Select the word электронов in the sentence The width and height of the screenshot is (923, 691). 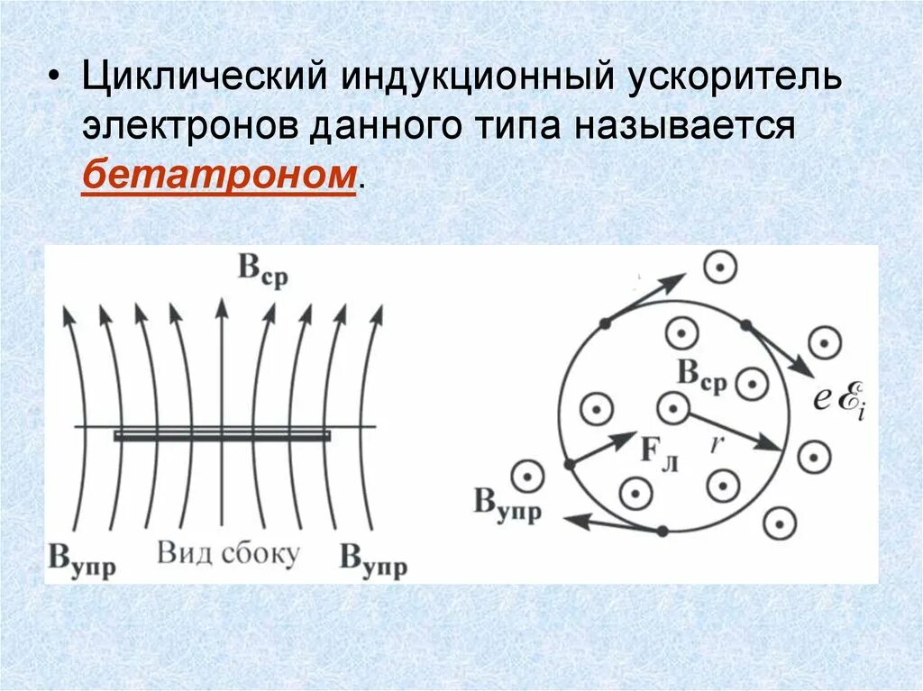click(188, 125)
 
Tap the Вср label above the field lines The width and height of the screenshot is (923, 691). click(262, 270)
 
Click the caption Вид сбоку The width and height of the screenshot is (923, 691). click(227, 552)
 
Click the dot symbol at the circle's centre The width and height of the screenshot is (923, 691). click(672, 409)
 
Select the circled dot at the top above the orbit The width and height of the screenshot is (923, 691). click(720, 267)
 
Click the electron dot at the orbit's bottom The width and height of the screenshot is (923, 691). click(663, 532)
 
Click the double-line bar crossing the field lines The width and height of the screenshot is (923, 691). click(222, 435)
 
